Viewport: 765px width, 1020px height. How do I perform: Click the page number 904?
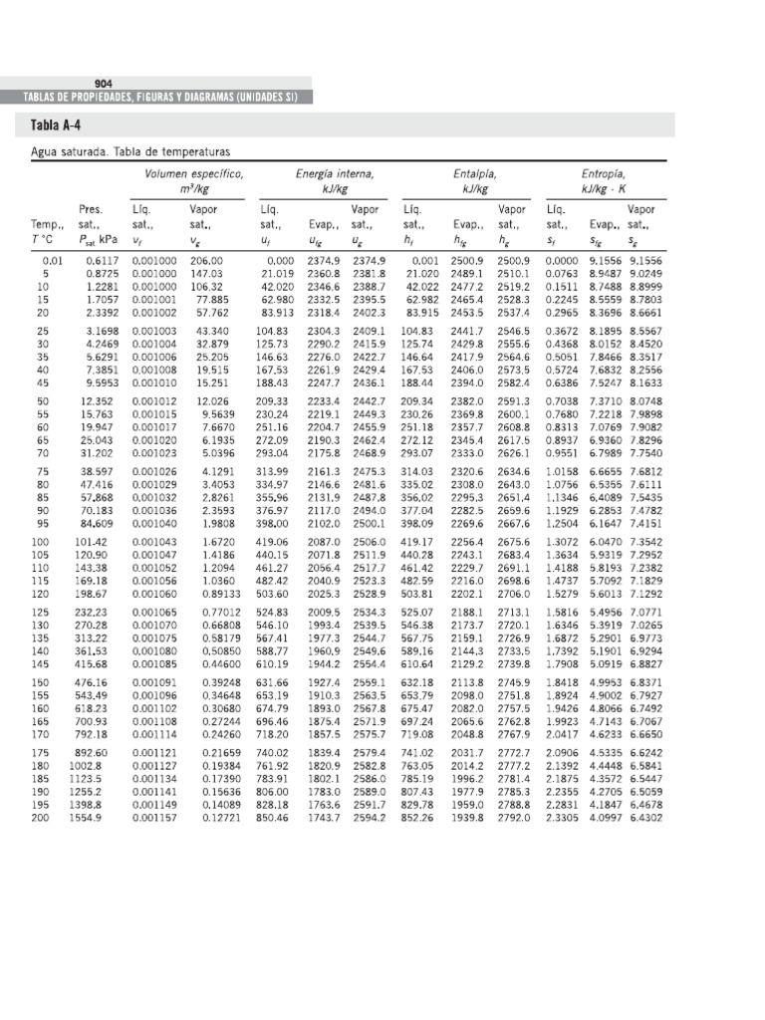click(102, 83)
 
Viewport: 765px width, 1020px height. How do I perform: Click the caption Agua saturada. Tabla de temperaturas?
click(130, 152)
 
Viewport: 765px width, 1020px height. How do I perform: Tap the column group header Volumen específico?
click(194, 173)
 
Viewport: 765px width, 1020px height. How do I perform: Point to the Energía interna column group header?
click(335, 173)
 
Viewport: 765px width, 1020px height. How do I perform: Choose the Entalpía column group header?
click(474, 173)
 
